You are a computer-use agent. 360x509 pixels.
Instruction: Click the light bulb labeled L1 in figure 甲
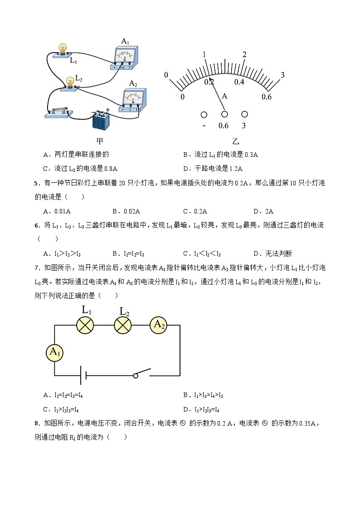pyautogui.click(x=63, y=49)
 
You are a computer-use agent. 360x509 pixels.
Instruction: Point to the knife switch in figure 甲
pyautogui.click(x=57, y=111)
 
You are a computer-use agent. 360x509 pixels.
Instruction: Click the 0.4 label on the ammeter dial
pyautogui.click(x=239, y=82)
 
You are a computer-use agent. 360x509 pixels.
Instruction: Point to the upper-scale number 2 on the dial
pyautogui.click(x=244, y=55)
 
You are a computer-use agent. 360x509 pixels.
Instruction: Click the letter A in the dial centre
pyautogui.click(x=224, y=96)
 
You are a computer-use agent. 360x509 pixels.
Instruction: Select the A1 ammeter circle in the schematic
pyautogui.click(x=54, y=352)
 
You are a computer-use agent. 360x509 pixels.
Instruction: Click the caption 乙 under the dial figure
pyautogui.click(x=235, y=141)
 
